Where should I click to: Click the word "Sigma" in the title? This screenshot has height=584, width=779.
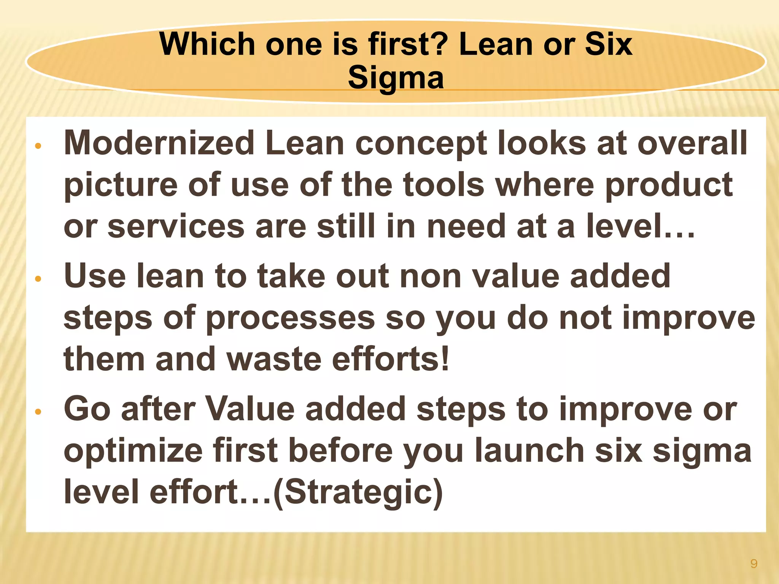[x=396, y=78]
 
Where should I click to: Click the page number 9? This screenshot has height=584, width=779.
[x=754, y=563]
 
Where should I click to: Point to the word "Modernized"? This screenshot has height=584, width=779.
[x=159, y=143]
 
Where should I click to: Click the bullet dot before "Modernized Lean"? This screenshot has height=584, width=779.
[x=37, y=146]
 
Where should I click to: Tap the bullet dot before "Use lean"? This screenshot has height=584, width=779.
[x=37, y=279]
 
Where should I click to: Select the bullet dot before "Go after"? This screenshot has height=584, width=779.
[x=37, y=412]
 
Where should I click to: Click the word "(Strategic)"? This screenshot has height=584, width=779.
[x=358, y=492]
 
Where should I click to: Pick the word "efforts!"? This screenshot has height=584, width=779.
[x=391, y=359]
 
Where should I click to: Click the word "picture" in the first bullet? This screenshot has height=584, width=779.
[x=121, y=185]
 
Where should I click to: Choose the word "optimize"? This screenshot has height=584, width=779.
[x=133, y=451]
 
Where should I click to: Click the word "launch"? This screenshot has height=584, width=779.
[x=529, y=451]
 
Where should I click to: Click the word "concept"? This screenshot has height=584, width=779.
[x=421, y=143]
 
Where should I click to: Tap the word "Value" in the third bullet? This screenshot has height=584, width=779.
[x=250, y=409]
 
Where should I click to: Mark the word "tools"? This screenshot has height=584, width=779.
[x=444, y=185]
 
